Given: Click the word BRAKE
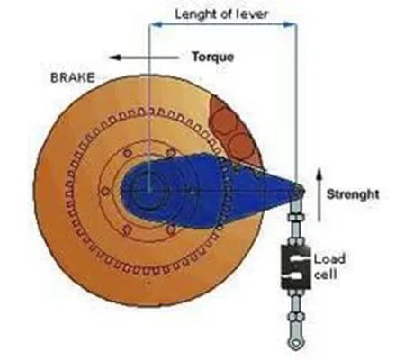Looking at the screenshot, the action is [73, 77].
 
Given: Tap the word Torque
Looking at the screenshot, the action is [213, 57].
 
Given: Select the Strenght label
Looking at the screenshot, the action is [353, 194].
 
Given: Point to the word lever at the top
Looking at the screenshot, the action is [251, 13].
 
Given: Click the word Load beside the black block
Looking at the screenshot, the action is [329, 258].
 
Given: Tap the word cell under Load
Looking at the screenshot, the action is [326, 274].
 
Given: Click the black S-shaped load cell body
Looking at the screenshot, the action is [295, 266].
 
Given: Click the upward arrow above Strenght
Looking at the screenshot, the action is [319, 194].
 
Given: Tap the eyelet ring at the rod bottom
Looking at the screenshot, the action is [296, 343].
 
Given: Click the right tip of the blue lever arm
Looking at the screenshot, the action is [304, 190].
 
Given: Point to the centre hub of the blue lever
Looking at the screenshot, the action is [148, 190].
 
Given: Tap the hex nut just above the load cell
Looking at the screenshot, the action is [296, 241].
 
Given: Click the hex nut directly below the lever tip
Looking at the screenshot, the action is [296, 217].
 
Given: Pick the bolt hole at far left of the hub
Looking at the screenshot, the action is [105, 191].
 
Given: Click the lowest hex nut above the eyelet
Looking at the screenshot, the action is [296, 317].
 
